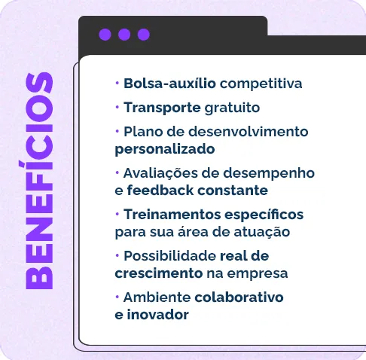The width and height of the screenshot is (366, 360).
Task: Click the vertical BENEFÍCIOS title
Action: point(38,181)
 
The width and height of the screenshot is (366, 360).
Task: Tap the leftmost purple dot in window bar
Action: point(105,35)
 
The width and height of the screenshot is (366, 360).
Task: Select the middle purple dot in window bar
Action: point(124,35)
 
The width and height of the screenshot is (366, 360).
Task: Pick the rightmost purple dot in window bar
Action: point(144,35)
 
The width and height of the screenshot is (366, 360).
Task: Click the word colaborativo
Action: point(239,297)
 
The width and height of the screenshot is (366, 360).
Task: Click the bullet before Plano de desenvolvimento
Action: point(117,131)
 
